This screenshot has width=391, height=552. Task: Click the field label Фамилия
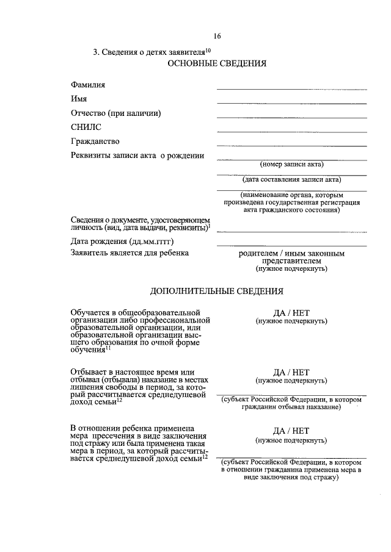[88, 85]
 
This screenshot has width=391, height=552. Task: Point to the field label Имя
[78, 99]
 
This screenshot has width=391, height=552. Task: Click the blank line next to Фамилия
[291, 89]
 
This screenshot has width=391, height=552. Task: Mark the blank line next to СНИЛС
[291, 131]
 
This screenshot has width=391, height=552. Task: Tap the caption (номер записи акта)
[291, 165]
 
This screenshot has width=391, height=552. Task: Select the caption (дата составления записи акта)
[291, 180]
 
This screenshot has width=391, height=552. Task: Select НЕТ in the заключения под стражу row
[299, 429]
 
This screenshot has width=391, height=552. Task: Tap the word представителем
[291, 260]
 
